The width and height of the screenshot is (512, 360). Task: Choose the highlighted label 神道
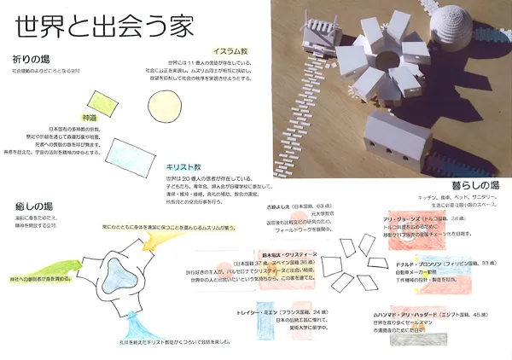(113, 117)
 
